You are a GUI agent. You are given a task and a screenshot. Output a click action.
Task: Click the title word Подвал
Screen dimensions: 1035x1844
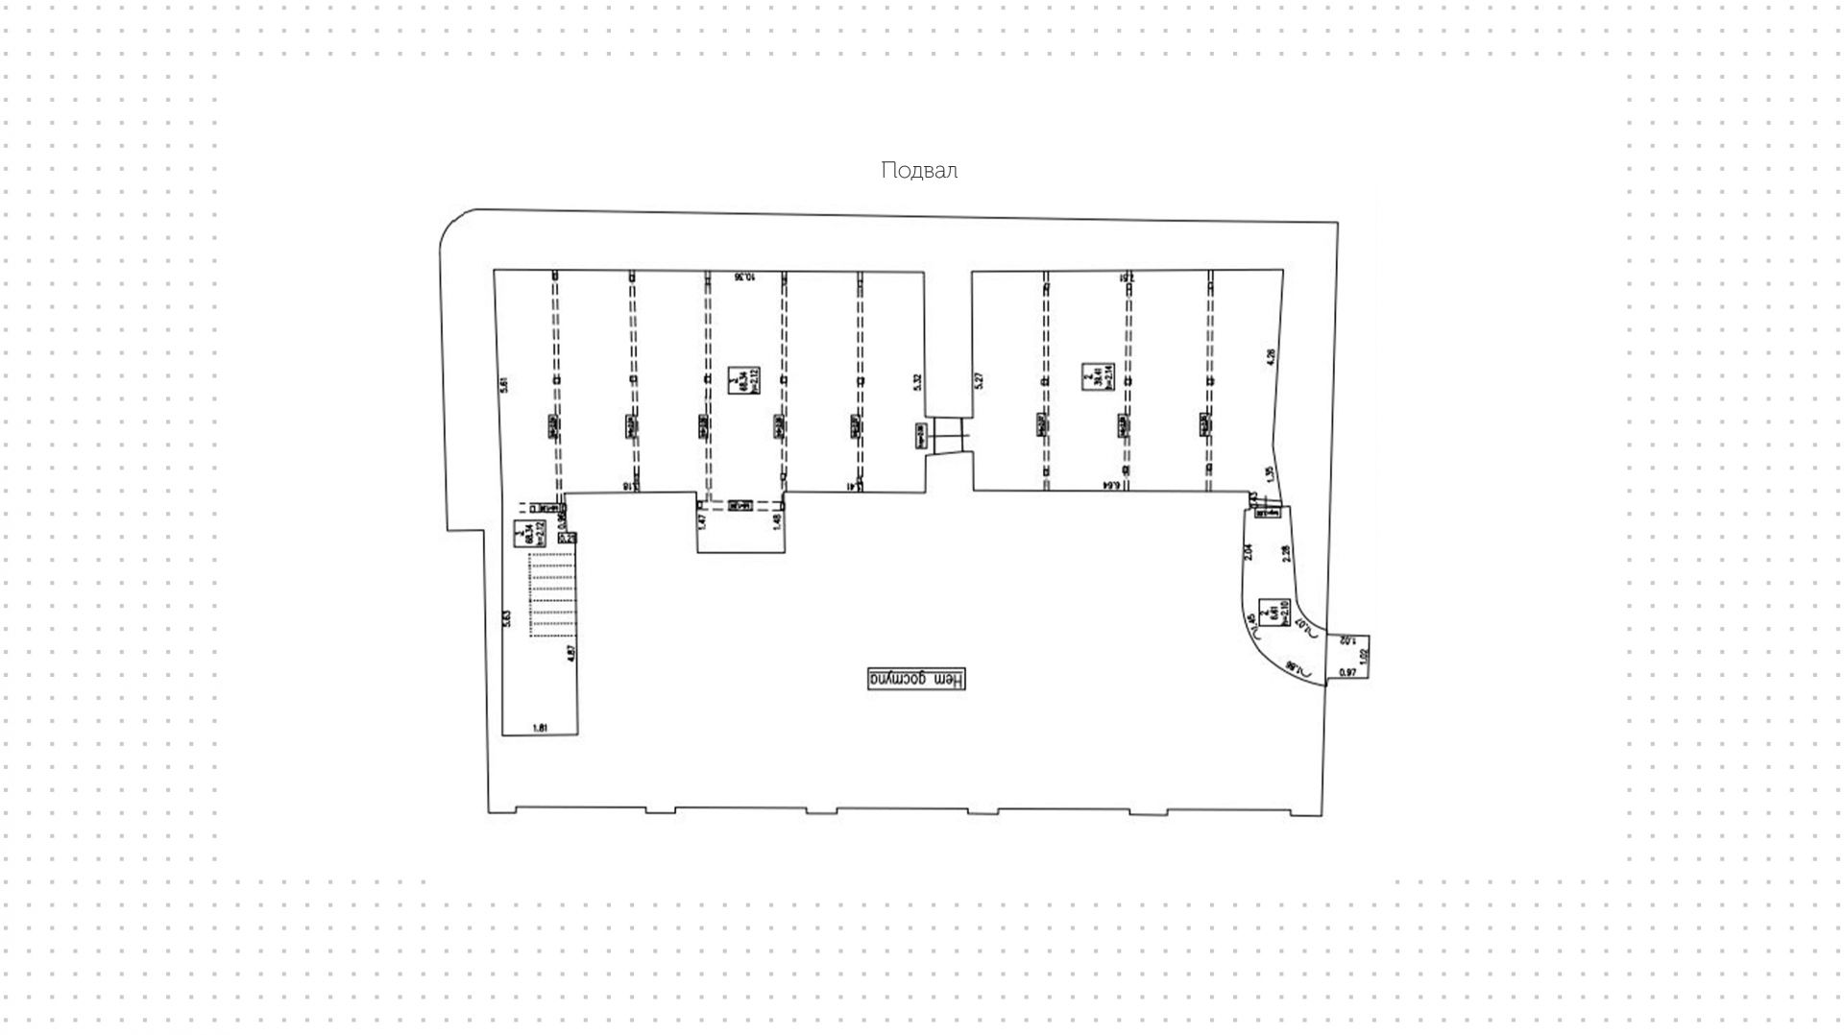click(x=919, y=171)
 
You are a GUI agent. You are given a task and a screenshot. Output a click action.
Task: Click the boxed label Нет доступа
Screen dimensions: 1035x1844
click(x=916, y=679)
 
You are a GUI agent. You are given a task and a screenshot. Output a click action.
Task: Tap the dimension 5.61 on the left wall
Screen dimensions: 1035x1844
click(x=503, y=384)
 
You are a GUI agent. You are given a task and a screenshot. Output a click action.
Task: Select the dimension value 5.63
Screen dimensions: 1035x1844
click(x=507, y=619)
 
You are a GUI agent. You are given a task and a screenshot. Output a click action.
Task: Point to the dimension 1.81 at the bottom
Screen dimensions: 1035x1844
click(x=540, y=729)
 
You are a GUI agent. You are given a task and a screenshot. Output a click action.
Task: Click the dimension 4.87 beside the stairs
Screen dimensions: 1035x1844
click(x=570, y=654)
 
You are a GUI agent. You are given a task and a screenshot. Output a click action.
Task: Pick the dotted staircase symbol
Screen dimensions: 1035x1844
click(x=553, y=595)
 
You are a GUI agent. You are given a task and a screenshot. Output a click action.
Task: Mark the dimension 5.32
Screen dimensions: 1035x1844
click(x=918, y=380)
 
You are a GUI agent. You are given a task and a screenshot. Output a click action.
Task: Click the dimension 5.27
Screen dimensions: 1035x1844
click(x=980, y=380)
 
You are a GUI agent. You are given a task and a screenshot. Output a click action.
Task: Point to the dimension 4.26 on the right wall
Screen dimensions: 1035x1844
click(x=1271, y=357)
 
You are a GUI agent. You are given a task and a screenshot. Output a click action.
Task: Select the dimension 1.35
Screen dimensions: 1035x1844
click(x=1270, y=474)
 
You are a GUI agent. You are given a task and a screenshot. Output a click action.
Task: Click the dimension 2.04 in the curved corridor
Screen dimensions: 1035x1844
click(x=1249, y=552)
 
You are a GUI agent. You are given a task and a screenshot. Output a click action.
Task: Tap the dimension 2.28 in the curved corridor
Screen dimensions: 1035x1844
click(x=1286, y=553)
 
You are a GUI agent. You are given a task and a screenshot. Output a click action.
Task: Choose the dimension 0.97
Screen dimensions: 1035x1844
click(x=1347, y=673)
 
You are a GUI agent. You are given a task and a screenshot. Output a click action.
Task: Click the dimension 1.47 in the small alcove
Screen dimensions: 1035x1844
click(x=703, y=521)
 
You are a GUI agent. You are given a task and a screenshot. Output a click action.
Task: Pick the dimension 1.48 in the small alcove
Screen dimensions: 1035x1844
click(x=777, y=521)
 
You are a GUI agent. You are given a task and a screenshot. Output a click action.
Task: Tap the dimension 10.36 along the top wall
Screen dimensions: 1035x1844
click(x=744, y=277)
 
